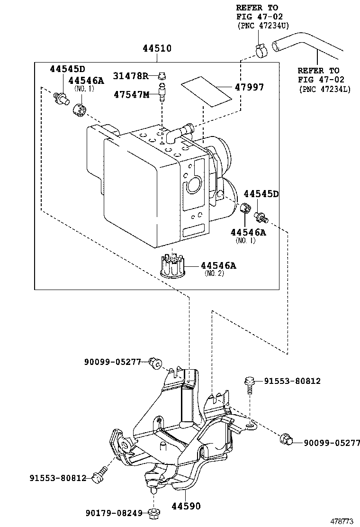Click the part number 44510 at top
point(157,48)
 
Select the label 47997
point(249,87)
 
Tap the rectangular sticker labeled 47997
point(207,92)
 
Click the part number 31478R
point(131,76)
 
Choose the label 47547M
point(131,94)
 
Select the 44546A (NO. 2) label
point(218,266)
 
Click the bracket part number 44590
point(187,506)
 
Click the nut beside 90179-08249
point(153,512)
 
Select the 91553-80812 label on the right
point(292,381)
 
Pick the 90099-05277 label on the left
point(113,362)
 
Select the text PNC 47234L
point(325,89)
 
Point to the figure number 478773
point(342,521)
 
